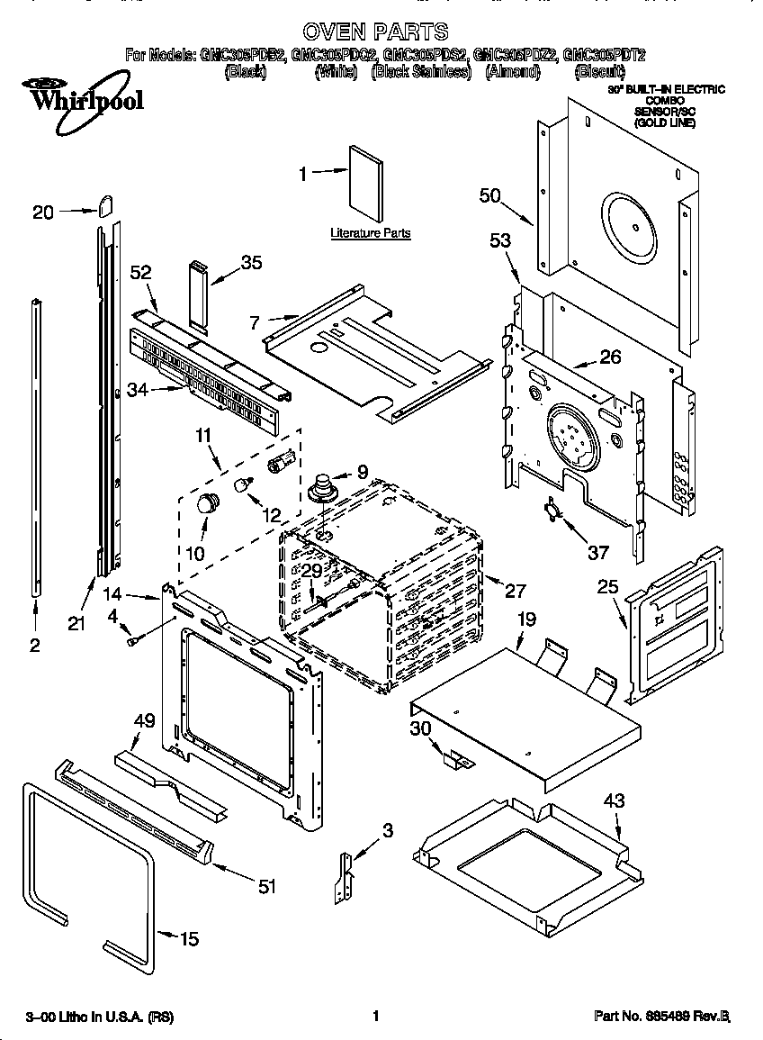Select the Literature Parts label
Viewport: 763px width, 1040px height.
(370, 233)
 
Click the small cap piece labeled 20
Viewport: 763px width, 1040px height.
(104, 207)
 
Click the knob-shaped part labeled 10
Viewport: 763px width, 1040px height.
(208, 502)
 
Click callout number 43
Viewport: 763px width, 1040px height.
(614, 800)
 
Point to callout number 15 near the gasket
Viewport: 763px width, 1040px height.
(188, 939)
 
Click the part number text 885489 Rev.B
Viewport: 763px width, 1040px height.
(661, 1017)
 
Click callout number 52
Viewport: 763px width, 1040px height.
(140, 271)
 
